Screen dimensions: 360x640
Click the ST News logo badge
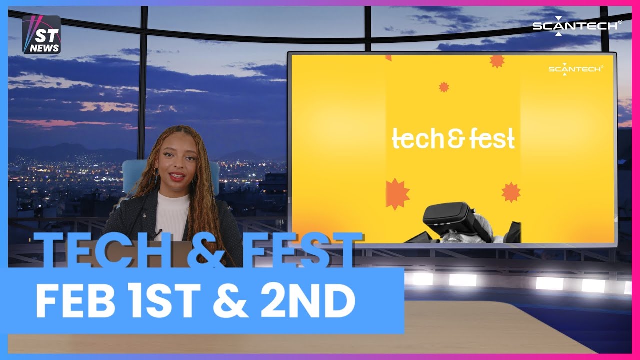point(41,34)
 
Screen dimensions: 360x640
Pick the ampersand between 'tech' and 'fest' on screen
point(453,140)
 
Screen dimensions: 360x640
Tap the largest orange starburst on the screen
point(397,194)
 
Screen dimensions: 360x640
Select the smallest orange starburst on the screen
point(444,87)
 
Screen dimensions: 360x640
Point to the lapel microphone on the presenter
point(159,233)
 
